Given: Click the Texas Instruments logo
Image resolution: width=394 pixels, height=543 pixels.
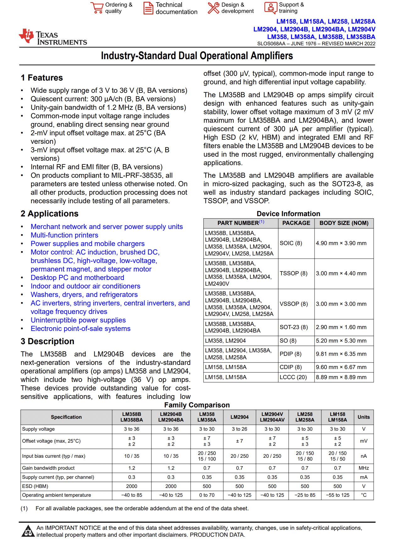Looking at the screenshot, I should pyautogui.click(x=52, y=37).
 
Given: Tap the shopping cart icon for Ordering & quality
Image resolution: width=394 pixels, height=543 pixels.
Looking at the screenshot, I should pyautogui.click(x=97, y=8).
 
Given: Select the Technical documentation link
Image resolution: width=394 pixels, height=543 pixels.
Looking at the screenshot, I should pyautogui.click(x=176, y=8).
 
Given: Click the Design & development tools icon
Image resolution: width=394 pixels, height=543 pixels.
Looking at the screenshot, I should pyautogui.click(x=213, y=8).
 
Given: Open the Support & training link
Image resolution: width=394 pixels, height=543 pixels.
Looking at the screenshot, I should pyautogui.click(x=291, y=8).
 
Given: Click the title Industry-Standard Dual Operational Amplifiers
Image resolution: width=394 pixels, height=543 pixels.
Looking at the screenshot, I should pyautogui.click(x=197, y=56).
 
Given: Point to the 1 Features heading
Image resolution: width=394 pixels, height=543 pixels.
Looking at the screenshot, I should pyautogui.click(x=42, y=78).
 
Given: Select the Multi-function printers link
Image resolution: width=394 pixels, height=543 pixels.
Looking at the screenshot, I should pyautogui.click(x=64, y=235).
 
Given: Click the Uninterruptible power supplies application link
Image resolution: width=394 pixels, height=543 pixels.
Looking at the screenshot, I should pyautogui.click(x=78, y=320).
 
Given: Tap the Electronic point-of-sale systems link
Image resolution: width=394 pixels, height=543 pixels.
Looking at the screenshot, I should pyautogui.click(x=80, y=328).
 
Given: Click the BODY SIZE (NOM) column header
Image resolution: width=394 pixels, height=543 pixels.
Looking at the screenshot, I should pyautogui.click(x=344, y=223).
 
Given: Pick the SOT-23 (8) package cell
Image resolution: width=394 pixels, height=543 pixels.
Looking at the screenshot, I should pyautogui.click(x=294, y=327).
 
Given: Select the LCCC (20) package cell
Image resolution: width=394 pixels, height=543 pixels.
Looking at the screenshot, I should pyautogui.click(x=293, y=377).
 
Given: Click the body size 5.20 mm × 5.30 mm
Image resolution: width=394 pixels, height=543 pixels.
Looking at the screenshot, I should pyautogui.click(x=341, y=341).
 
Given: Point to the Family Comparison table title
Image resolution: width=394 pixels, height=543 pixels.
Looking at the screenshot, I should pyautogui.click(x=197, y=405).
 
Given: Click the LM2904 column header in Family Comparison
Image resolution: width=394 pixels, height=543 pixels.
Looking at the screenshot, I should pyautogui.click(x=239, y=417).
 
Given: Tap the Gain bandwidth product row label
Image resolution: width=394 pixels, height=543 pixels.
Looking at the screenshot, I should pyautogui.click(x=48, y=468).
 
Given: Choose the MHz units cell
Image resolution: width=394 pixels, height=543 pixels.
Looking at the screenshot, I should pyautogui.click(x=364, y=468).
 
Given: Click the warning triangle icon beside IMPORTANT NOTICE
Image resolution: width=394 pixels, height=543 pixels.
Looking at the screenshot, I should pyautogui.click(x=28, y=531).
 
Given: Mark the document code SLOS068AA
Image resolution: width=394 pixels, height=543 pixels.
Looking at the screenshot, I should pyautogui.click(x=271, y=44).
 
